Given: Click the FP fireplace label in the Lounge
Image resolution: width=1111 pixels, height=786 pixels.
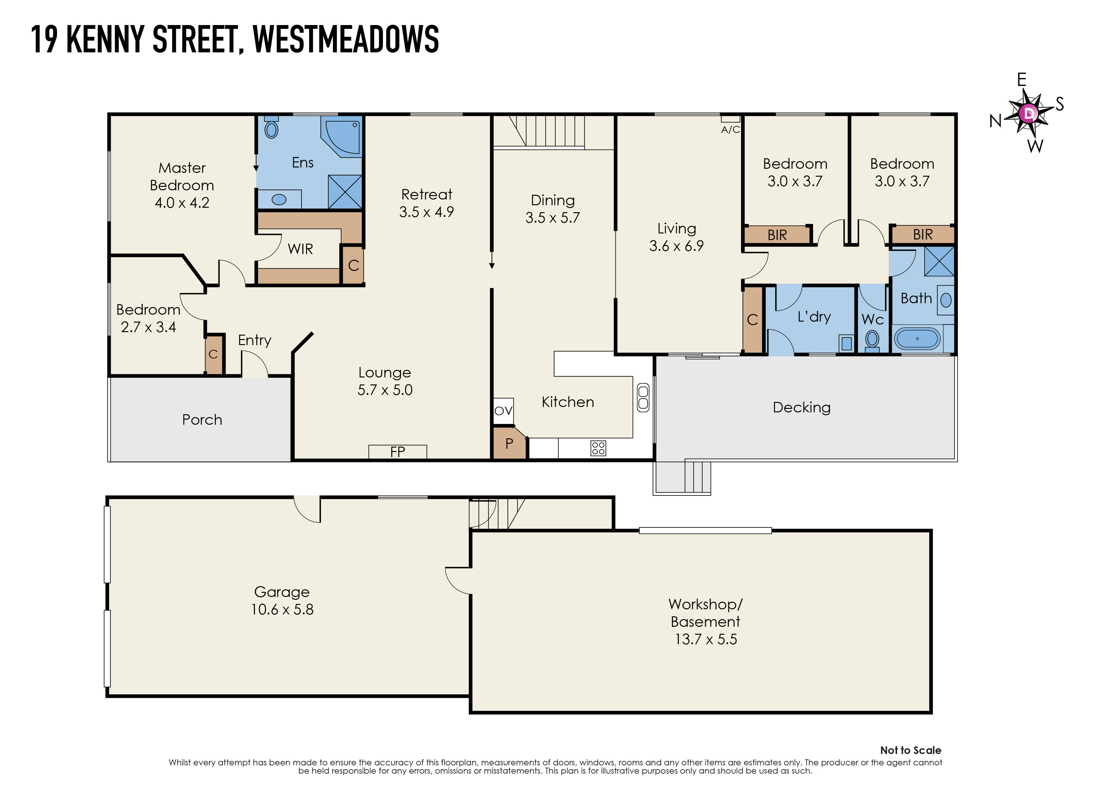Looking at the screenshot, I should pyautogui.click(x=397, y=452).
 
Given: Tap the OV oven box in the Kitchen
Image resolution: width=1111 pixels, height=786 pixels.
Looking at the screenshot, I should pyautogui.click(x=503, y=411).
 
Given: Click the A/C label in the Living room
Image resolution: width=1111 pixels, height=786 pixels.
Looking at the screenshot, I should pyautogui.click(x=730, y=129).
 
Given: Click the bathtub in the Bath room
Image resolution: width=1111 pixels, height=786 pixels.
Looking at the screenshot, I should pyautogui.click(x=917, y=339).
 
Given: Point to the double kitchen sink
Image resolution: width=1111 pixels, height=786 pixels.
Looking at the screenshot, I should pyautogui.click(x=643, y=397).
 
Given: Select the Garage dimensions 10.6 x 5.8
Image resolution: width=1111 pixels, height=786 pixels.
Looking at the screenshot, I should pyautogui.click(x=282, y=609).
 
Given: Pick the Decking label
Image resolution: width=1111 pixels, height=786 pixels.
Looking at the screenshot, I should pyautogui.click(x=801, y=408).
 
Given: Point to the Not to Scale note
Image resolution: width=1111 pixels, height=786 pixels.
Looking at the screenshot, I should pyautogui.click(x=910, y=750).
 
